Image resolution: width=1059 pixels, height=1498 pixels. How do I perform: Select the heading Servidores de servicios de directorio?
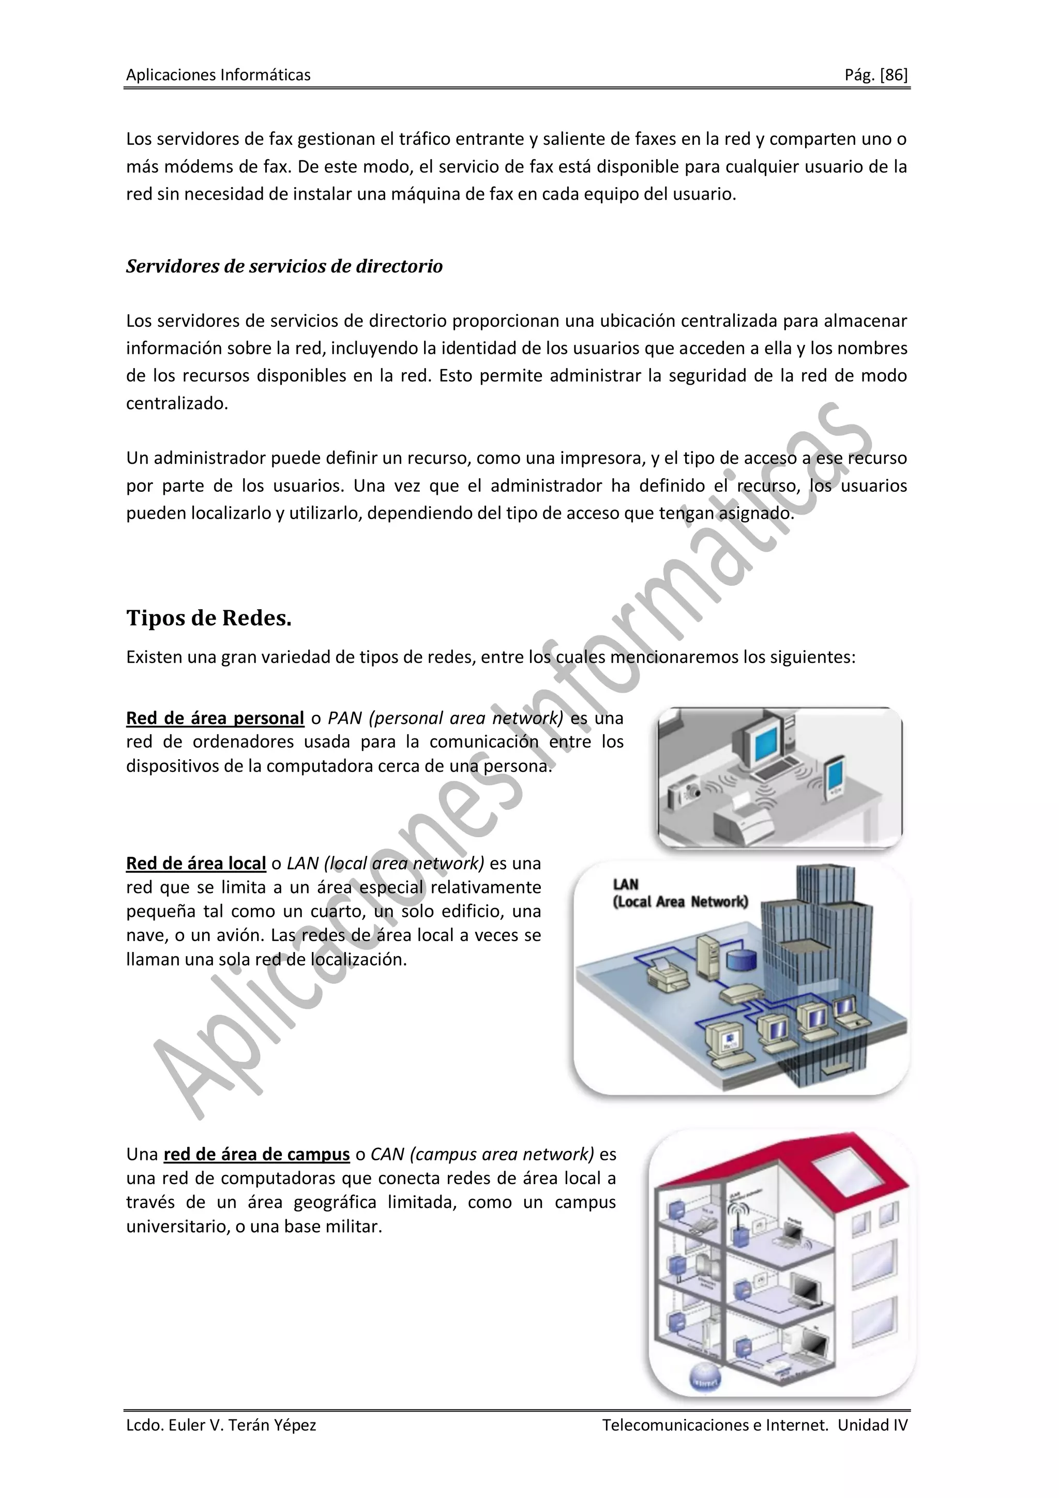(284, 266)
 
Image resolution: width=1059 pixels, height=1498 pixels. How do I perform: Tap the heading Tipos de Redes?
(208, 617)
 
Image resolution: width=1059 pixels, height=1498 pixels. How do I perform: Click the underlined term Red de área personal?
(215, 718)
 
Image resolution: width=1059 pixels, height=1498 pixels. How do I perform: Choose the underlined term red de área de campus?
(256, 1154)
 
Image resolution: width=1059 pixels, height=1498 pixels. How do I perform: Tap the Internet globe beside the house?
(705, 1379)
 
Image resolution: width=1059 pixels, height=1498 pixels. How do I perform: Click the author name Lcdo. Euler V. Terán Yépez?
(221, 1425)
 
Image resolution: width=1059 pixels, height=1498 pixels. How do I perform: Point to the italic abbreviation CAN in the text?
(388, 1154)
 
